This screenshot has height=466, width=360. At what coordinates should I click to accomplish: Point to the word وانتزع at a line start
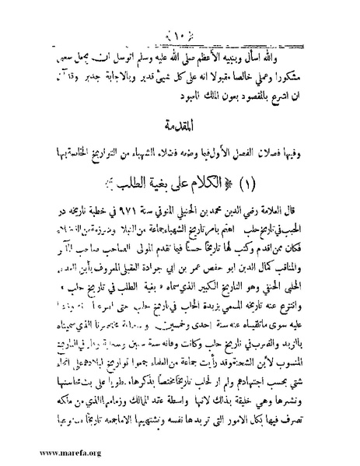[315, 296]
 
